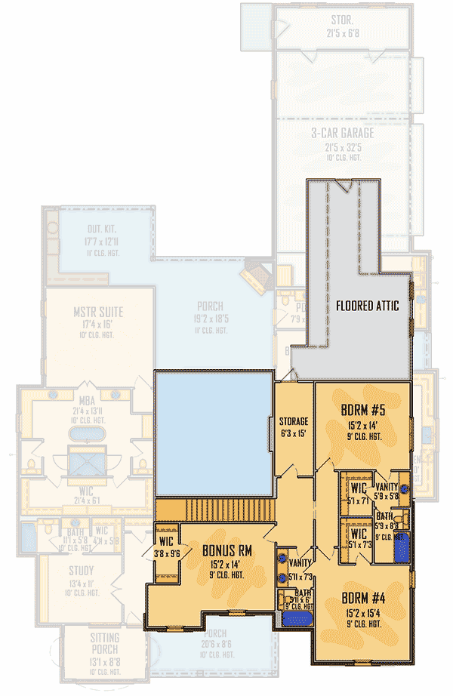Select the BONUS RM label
click(x=227, y=550)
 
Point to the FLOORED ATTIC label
click(x=367, y=306)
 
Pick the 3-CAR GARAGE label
click(x=343, y=133)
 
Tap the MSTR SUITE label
click(x=98, y=312)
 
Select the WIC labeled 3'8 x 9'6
click(x=166, y=540)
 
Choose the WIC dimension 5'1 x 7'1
click(x=358, y=500)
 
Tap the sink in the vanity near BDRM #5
click(x=405, y=488)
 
